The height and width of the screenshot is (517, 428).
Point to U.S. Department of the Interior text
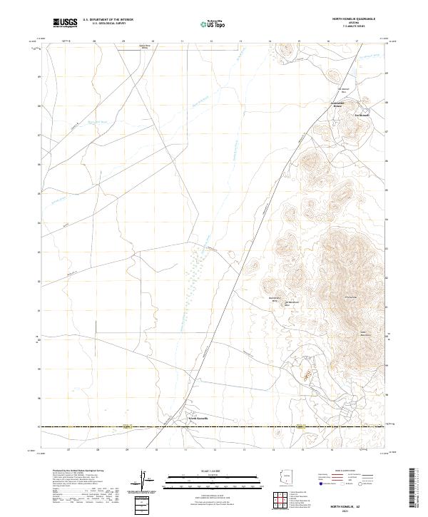coord(108,19)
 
